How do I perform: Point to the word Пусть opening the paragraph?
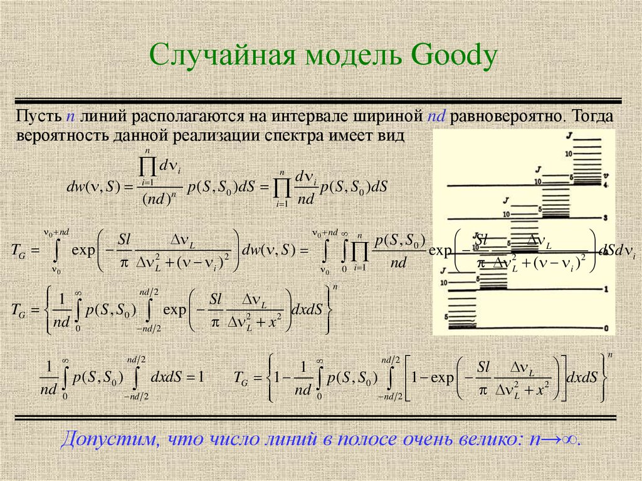coord(39,117)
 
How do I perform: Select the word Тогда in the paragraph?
coord(596,117)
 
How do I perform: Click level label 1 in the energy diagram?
coord(606,289)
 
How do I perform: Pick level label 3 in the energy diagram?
coord(606,217)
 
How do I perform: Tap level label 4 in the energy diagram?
coord(606,185)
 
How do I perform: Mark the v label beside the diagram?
coord(606,176)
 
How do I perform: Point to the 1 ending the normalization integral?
coord(201,378)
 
